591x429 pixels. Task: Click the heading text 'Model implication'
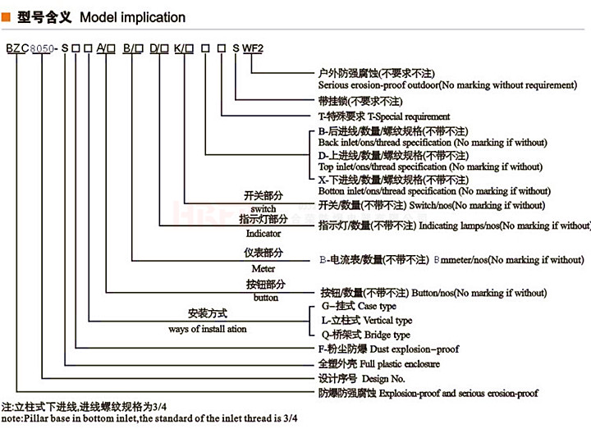pyautogui.click(x=133, y=16)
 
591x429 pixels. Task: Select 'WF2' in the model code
pyautogui.click(x=252, y=48)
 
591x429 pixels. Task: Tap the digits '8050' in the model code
pyautogui.click(x=41, y=49)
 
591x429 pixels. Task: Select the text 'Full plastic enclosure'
pyautogui.click(x=394, y=363)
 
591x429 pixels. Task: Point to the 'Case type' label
pyautogui.click(x=376, y=306)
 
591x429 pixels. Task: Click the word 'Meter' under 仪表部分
pyautogui.click(x=263, y=268)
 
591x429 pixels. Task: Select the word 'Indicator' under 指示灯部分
pyautogui.click(x=263, y=233)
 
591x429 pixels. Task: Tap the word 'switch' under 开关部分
pyautogui.click(x=263, y=209)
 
